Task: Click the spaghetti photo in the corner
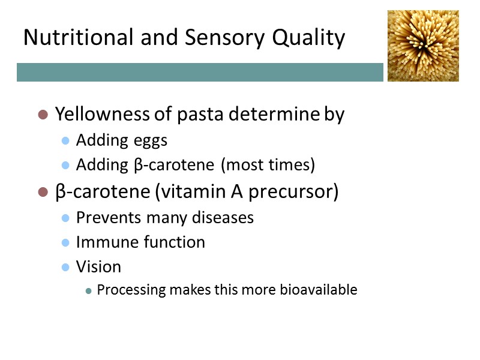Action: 423,46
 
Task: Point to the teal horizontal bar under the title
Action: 200,72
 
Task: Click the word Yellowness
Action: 106,114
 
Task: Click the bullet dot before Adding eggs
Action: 66,140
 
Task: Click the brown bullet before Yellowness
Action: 43,114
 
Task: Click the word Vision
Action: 98,266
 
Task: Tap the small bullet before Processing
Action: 89,290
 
